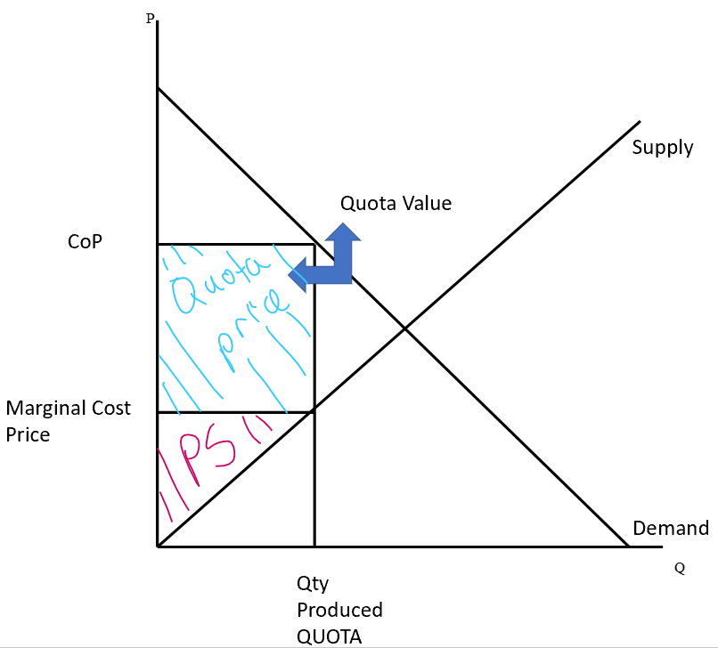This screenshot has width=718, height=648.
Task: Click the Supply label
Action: pyautogui.click(x=662, y=148)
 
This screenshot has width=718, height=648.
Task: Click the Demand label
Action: pyautogui.click(x=670, y=528)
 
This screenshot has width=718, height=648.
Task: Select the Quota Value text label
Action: pyautogui.click(x=396, y=204)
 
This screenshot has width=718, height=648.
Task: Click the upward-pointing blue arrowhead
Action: pyautogui.click(x=342, y=233)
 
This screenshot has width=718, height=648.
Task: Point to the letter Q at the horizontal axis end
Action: pyautogui.click(x=679, y=568)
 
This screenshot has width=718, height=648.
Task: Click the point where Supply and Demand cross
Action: pyautogui.click(x=404, y=328)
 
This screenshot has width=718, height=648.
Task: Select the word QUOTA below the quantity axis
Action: pyautogui.click(x=330, y=636)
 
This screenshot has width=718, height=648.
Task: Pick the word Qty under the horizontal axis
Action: pyautogui.click(x=312, y=584)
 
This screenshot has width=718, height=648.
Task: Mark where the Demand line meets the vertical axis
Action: pyautogui.click(x=158, y=87)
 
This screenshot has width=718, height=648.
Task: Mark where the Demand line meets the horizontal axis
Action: pyautogui.click(x=628, y=546)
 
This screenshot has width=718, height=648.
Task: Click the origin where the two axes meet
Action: pyautogui.click(x=158, y=546)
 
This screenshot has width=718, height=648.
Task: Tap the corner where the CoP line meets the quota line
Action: pyautogui.click(x=314, y=244)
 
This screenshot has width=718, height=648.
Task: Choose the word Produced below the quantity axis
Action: pyautogui.click(x=339, y=610)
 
